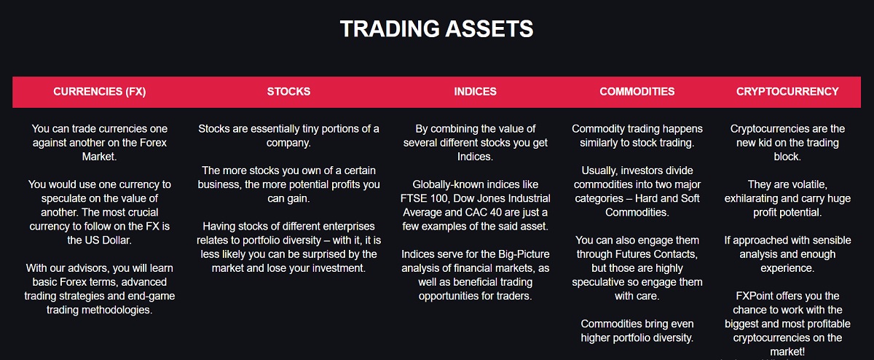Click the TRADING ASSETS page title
(x=436, y=29)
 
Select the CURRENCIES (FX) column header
(x=100, y=92)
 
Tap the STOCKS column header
(x=288, y=92)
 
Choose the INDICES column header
(x=475, y=92)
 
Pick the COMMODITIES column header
(x=637, y=92)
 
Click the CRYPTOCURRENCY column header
(x=787, y=92)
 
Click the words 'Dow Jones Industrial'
(x=502, y=198)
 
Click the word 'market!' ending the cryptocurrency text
(x=787, y=351)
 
